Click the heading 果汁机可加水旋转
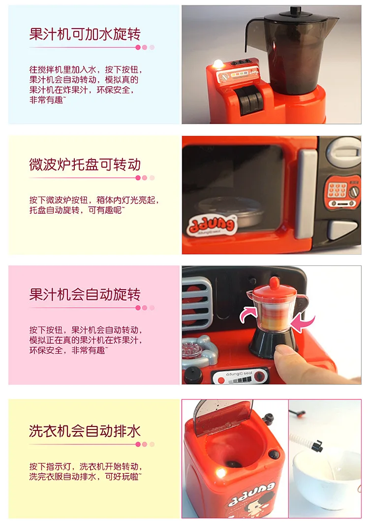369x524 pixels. (x=85, y=34)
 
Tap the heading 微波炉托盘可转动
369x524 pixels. (x=85, y=164)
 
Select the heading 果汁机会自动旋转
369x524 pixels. (x=85, y=295)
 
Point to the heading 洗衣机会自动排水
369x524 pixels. (x=85, y=431)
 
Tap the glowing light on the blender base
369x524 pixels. (x=218, y=64)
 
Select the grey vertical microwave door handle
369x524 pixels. (x=306, y=194)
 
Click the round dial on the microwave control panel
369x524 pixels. (x=354, y=192)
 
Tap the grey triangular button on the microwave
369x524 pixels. (x=343, y=229)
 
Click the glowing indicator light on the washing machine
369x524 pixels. (x=220, y=473)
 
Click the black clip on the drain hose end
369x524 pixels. (x=317, y=446)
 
